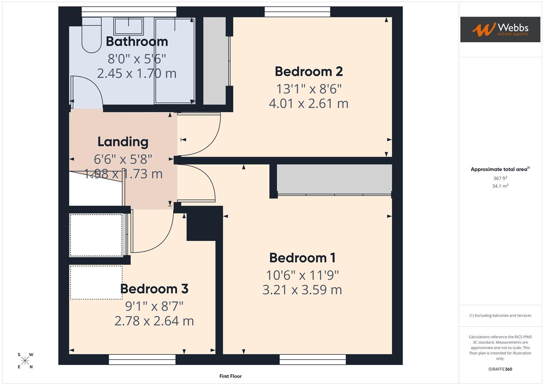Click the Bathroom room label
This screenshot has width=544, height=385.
(137, 42)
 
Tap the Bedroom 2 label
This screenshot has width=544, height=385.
(309, 72)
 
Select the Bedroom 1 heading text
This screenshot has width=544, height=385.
(302, 258)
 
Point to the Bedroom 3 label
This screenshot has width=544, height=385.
(154, 289)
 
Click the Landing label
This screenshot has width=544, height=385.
(123, 142)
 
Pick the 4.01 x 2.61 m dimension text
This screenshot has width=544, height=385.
(309, 103)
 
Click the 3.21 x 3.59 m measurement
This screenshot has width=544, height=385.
(302, 290)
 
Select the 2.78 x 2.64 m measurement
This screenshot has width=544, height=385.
(154, 321)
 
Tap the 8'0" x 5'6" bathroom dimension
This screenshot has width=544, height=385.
(137, 58)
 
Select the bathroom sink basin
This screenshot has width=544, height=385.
(128, 26)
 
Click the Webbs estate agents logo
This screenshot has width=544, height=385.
(500, 30)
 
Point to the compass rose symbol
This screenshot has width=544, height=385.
(25, 361)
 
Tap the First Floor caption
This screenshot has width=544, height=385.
(230, 376)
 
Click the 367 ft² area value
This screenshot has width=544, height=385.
(500, 178)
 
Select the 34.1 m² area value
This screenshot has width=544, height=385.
(500, 186)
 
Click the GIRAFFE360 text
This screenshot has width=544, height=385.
(500, 369)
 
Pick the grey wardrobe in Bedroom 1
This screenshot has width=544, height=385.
(334, 179)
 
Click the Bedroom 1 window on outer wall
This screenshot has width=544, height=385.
(312, 359)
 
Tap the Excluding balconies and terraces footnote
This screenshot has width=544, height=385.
(500, 315)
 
